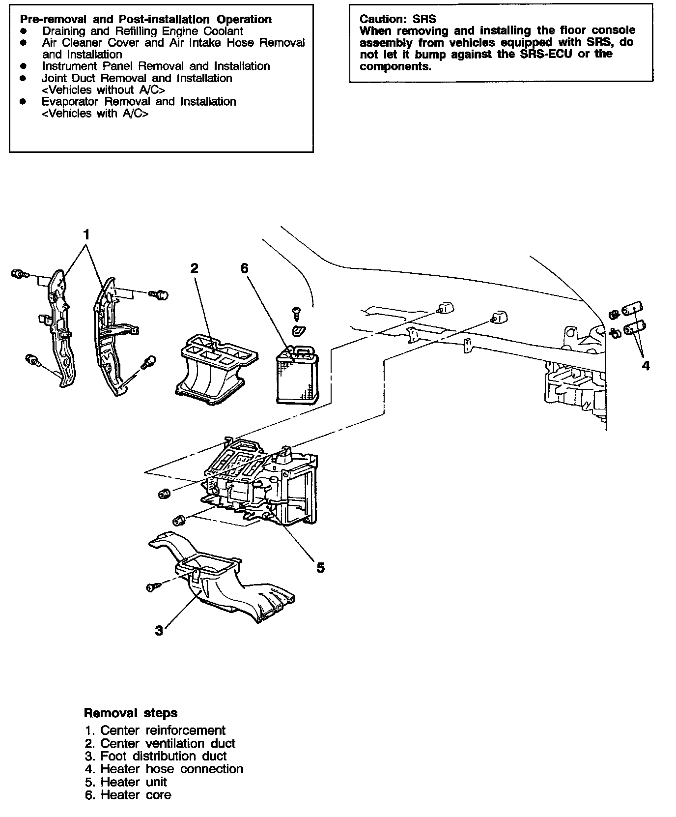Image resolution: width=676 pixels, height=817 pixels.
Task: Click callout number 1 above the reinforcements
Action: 86,234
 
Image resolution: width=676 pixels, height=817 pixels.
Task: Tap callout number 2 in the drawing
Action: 194,268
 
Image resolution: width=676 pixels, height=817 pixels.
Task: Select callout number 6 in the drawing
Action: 244,268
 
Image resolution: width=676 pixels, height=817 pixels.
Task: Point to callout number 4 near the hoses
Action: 646,365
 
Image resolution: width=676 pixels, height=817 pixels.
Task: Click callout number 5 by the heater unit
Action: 320,568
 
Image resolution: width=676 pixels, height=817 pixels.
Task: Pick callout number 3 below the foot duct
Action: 159,630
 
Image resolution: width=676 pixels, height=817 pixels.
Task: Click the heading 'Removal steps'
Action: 131,713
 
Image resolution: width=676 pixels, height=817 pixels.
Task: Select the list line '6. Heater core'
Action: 128,795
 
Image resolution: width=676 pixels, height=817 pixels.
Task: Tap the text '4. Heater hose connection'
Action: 164,769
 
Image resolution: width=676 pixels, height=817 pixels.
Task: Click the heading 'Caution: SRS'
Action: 397,19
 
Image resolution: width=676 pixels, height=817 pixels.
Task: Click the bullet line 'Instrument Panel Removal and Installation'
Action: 156,66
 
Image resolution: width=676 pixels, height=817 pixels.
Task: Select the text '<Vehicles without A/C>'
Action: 103,89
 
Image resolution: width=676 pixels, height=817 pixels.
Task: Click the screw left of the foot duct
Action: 152,586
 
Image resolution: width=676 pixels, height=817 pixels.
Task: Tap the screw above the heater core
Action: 296,312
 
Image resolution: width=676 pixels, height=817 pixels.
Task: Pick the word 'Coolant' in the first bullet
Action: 224,30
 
